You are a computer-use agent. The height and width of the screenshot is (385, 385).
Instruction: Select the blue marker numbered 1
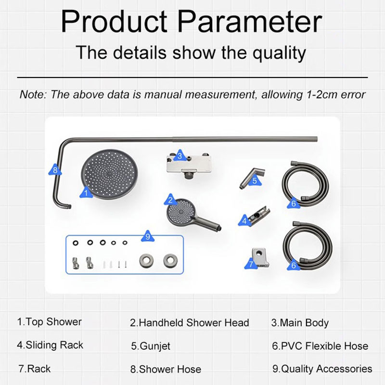point(85,193)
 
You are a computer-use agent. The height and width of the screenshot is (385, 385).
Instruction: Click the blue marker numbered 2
point(169,199)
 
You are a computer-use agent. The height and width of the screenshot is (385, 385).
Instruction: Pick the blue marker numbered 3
point(179,155)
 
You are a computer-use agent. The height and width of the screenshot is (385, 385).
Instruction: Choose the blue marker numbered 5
point(255,181)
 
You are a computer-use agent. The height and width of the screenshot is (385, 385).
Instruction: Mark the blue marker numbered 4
point(244,221)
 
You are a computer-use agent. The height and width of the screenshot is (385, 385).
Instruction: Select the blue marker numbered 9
point(148,236)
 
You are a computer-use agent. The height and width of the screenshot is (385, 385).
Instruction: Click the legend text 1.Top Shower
point(50,322)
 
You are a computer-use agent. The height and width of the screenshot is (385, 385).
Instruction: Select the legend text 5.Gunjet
point(151,346)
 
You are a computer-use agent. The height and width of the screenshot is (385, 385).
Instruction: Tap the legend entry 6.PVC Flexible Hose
point(320,346)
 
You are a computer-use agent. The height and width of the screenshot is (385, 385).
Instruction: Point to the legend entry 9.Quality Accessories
point(322,369)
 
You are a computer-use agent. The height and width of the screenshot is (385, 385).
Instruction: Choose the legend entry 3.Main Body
point(300,323)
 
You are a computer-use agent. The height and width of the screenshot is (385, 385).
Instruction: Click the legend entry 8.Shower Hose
point(166,370)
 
